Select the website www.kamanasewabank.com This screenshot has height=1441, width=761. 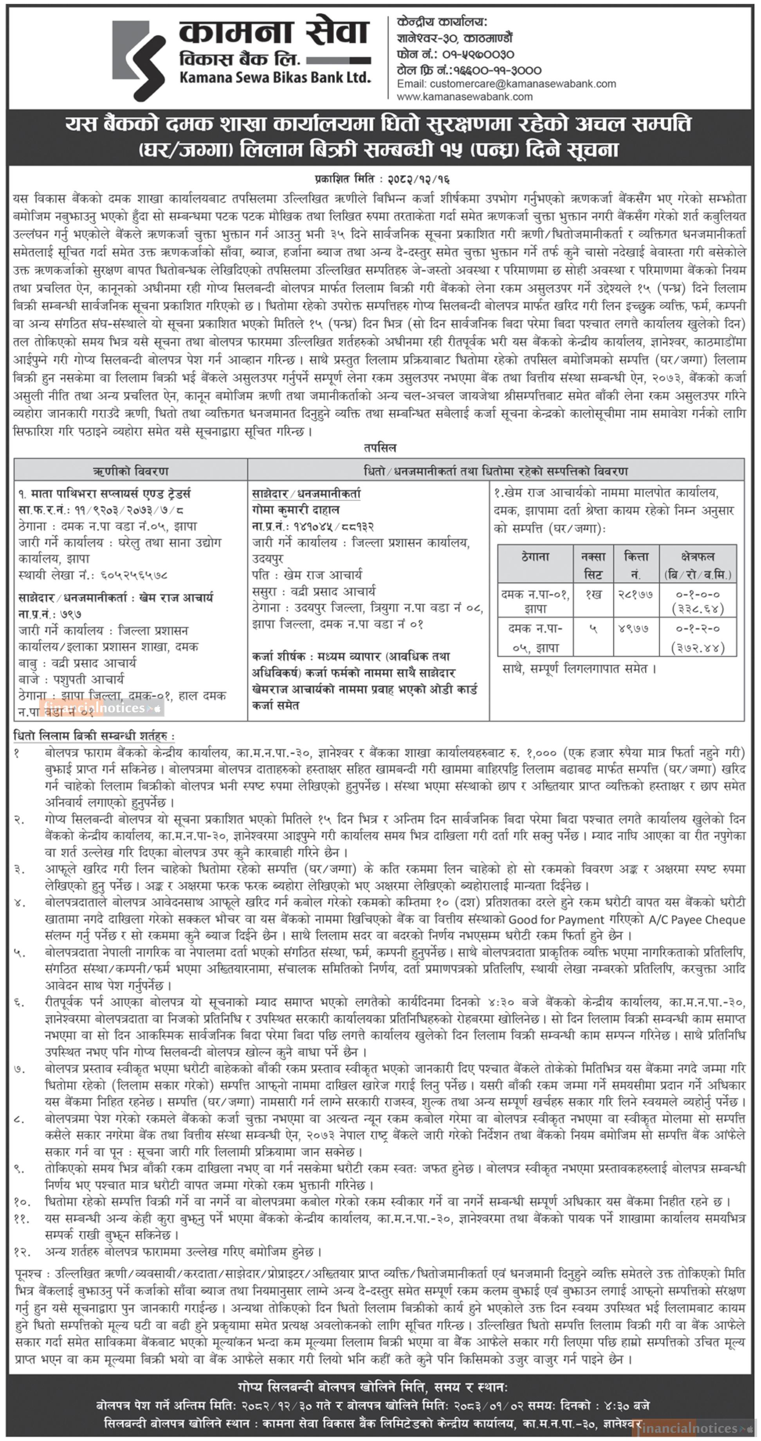(464, 97)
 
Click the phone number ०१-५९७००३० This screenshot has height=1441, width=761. (478, 54)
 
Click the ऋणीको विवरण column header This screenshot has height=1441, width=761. (130, 471)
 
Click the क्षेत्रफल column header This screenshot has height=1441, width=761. (698, 557)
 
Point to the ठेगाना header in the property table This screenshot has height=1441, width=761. (535, 557)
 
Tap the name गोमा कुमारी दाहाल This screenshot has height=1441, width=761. (296, 510)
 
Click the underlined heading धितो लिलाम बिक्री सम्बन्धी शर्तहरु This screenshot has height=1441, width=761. (94, 736)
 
